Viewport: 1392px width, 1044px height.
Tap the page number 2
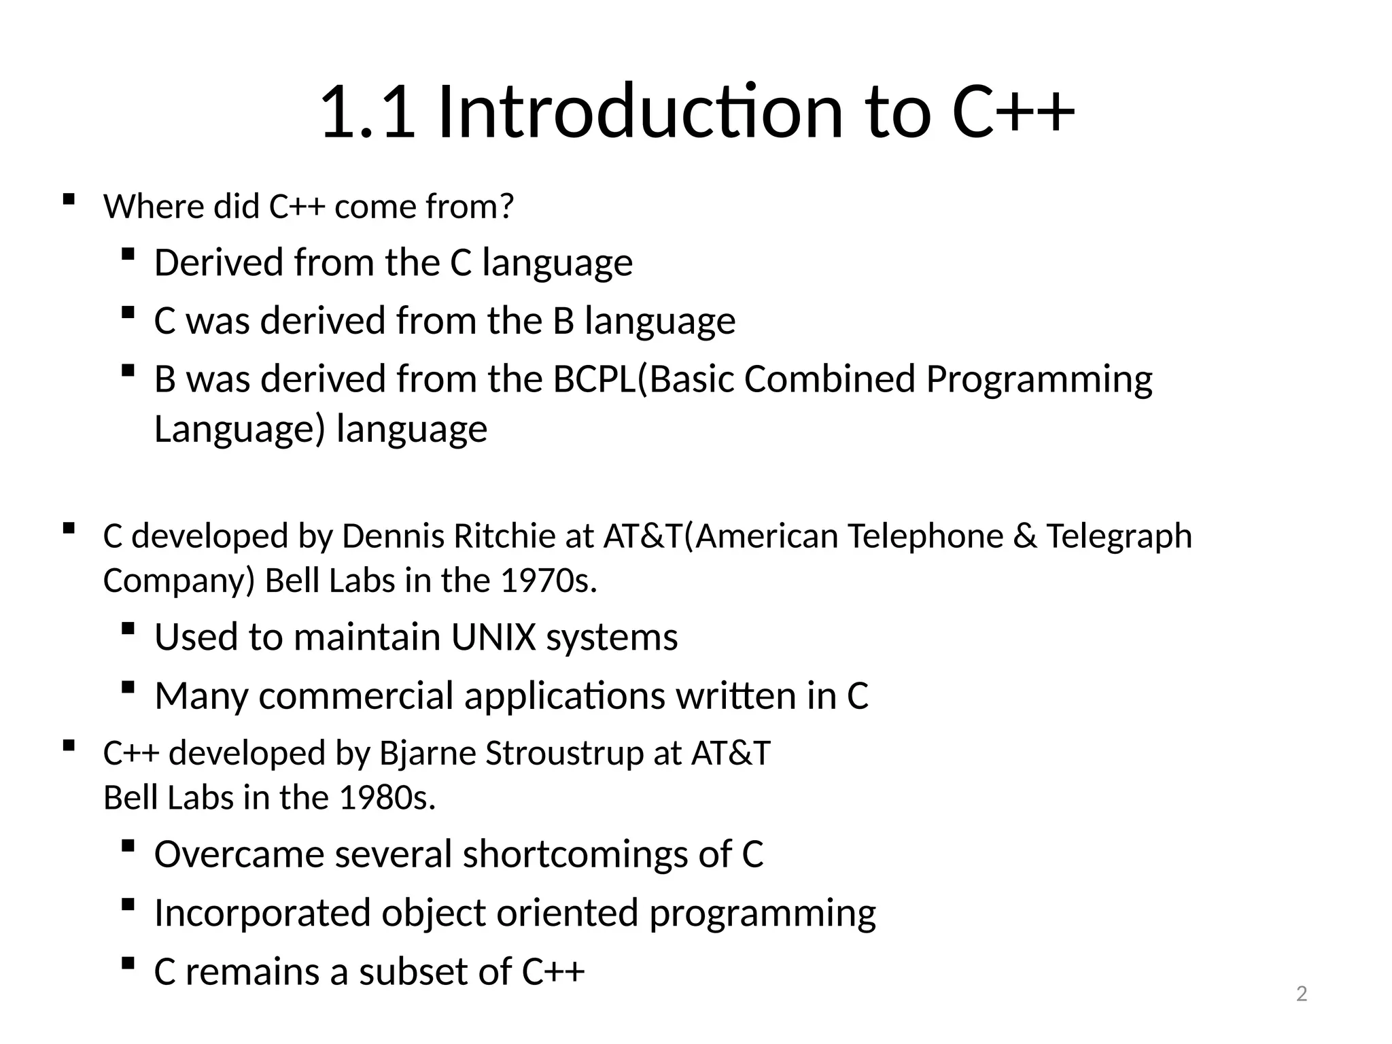1301,994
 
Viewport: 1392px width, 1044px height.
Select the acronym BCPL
595,379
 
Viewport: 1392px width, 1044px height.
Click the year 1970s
548,581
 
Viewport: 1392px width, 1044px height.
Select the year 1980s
386,798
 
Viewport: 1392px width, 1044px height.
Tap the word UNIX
493,638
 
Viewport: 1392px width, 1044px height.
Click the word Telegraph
1118,536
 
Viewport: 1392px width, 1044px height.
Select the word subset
414,972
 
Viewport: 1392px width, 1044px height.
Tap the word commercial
355,696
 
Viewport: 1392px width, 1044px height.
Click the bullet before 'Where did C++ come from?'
68,200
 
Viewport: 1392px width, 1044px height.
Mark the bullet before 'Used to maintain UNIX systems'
127,629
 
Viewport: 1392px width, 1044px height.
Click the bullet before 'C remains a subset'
127,963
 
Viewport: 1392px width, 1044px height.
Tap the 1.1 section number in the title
367,112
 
